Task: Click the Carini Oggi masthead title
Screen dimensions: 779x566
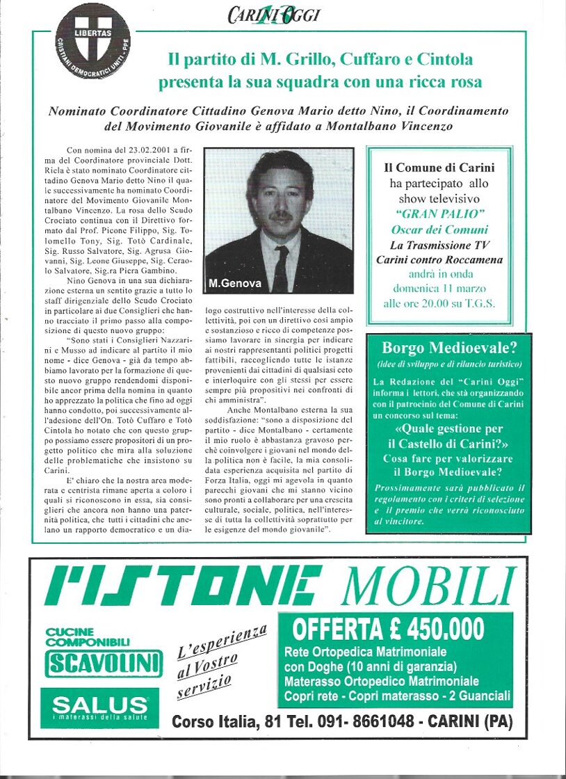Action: (x=273, y=13)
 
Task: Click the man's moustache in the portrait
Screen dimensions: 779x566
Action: (x=280, y=216)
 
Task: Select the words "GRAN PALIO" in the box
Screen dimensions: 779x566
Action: (x=439, y=215)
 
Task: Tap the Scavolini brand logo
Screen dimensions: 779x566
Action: (x=104, y=664)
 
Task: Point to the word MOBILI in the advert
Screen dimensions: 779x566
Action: (x=429, y=586)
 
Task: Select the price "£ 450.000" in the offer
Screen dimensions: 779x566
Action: (x=435, y=629)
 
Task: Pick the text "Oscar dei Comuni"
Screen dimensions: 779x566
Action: (x=439, y=230)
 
